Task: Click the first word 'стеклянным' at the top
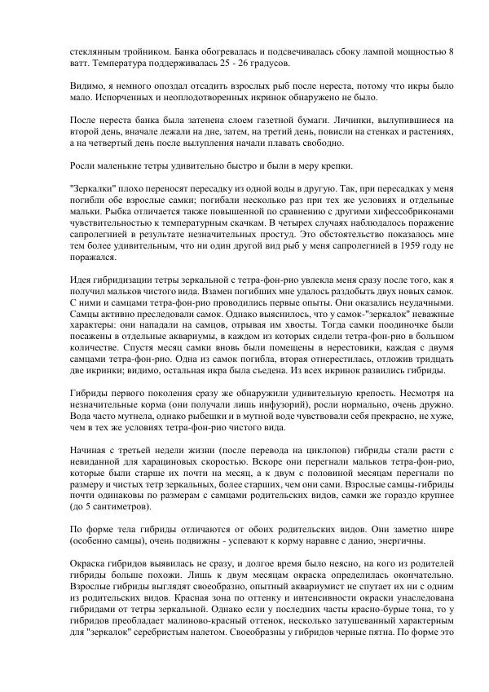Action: tap(95, 52)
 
